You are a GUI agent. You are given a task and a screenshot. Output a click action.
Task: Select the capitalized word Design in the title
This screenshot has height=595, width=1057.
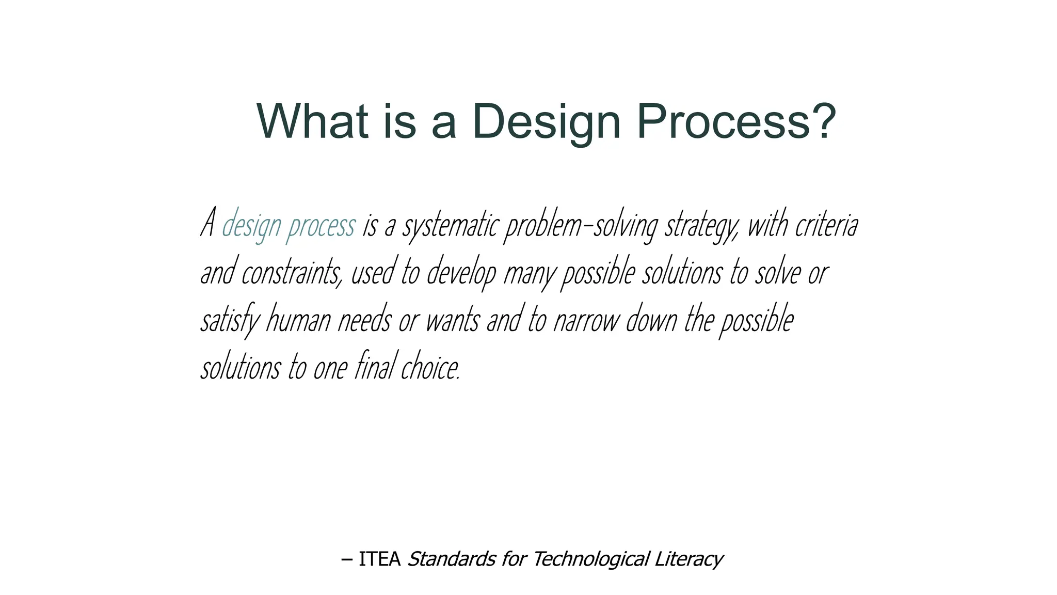[546, 122]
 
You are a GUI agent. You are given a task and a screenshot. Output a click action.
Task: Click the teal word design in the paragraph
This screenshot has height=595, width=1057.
[251, 226]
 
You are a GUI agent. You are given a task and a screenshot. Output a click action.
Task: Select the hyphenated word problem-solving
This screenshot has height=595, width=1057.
[581, 226]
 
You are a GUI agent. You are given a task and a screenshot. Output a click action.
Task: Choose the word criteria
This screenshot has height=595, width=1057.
[827, 226]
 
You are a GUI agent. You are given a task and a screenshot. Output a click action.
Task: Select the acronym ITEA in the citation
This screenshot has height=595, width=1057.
[379, 559]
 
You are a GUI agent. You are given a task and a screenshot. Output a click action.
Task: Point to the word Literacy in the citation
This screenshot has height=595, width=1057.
[688, 559]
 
